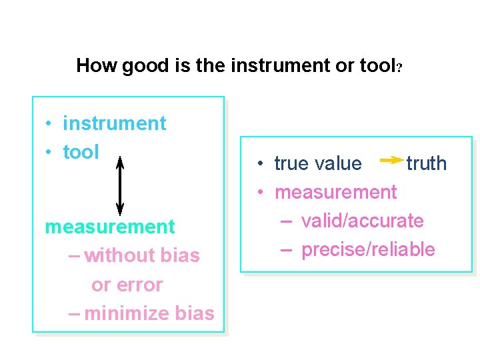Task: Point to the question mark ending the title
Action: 399,67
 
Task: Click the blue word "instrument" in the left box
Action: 114,123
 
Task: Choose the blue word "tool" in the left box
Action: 81,152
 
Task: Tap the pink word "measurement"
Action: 110,227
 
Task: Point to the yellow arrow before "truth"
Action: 390,161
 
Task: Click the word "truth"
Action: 427,163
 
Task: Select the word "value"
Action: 339,163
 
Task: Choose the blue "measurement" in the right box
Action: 335,192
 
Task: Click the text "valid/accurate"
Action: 362,221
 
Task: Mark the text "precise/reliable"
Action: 368,250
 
